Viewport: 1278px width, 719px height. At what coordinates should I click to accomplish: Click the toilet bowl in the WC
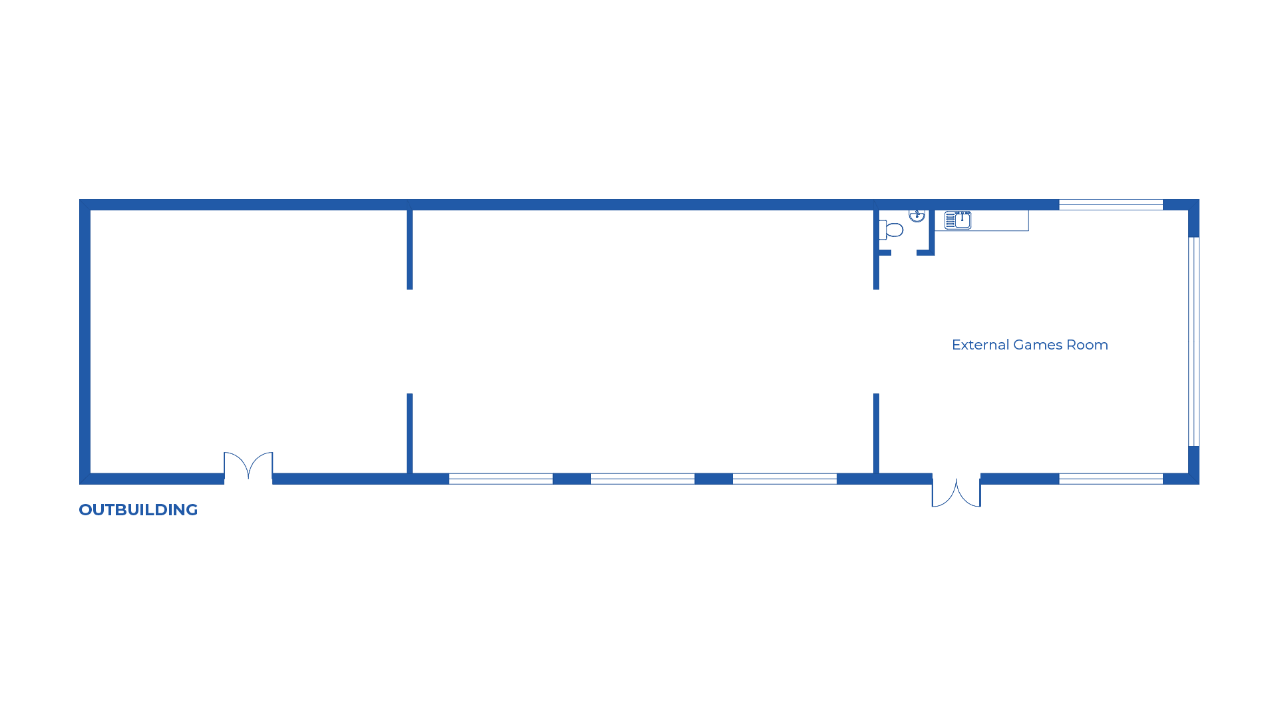pos(895,230)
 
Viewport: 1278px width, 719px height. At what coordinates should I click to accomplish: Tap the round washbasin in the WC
pos(917,215)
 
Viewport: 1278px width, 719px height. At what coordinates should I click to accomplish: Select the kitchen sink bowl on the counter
pos(963,220)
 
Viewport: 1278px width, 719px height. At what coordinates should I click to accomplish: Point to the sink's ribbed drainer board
pos(950,220)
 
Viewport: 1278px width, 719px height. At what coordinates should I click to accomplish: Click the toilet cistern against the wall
pos(883,230)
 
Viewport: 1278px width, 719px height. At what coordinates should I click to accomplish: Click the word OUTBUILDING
pos(138,510)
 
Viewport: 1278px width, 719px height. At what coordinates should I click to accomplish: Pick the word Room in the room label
pos(1088,345)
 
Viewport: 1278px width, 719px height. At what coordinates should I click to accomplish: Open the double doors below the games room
pos(956,493)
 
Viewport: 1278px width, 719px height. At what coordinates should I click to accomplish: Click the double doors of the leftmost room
pos(248,466)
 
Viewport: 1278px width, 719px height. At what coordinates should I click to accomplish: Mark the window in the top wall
pos(1111,205)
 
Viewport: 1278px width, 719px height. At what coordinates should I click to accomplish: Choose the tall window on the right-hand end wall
pos(1193,342)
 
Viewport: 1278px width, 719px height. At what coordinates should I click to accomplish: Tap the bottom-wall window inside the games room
pos(1111,479)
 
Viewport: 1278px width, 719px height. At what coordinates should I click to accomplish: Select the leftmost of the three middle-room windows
pos(501,479)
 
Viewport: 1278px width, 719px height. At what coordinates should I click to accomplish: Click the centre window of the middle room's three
pos(642,479)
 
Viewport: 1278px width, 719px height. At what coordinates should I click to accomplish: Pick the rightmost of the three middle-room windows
pos(784,479)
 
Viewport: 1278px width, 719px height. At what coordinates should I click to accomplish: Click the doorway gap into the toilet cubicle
pos(904,253)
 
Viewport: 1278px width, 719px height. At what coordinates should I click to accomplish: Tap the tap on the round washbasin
pos(917,212)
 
